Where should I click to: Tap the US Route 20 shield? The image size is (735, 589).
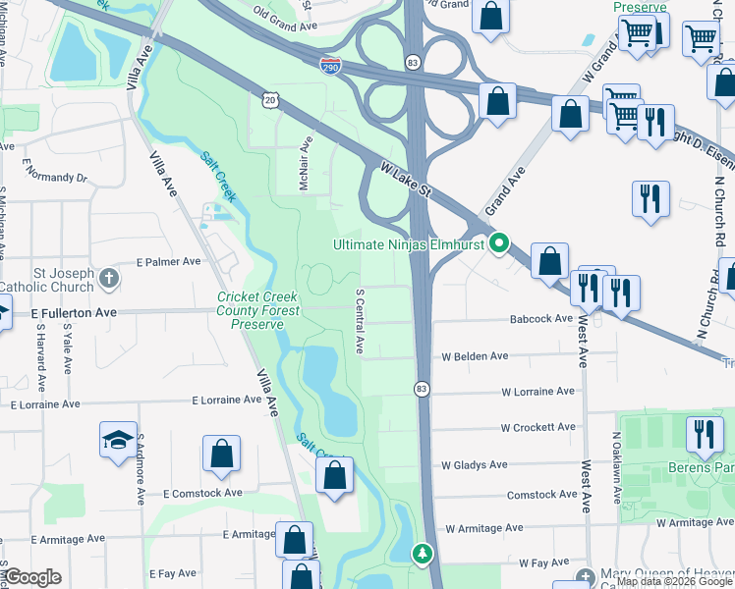pyautogui.click(x=271, y=99)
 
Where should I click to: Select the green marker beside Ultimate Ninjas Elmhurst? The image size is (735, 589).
pyautogui.click(x=500, y=243)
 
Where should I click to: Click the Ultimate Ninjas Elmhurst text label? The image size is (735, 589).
pyautogui.click(x=410, y=244)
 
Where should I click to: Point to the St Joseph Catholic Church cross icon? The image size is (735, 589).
pyautogui.click(x=109, y=279)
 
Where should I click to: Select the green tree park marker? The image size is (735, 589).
pyautogui.click(x=423, y=555)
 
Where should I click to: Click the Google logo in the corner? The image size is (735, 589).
pyautogui.click(x=33, y=577)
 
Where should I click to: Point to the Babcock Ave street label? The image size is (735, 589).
pyautogui.click(x=540, y=319)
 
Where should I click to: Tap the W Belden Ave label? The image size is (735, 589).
pyautogui.click(x=475, y=355)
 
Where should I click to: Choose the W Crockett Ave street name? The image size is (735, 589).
pyautogui.click(x=537, y=427)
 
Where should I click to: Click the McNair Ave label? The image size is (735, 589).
pyautogui.click(x=306, y=163)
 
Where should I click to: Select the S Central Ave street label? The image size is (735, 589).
pyautogui.click(x=360, y=321)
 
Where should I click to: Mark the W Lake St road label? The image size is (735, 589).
pyautogui.click(x=406, y=184)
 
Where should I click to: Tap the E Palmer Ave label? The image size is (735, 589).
pyautogui.click(x=168, y=262)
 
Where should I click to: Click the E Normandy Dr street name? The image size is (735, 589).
pyautogui.click(x=54, y=178)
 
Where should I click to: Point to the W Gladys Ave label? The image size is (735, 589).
pyautogui.click(x=475, y=464)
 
